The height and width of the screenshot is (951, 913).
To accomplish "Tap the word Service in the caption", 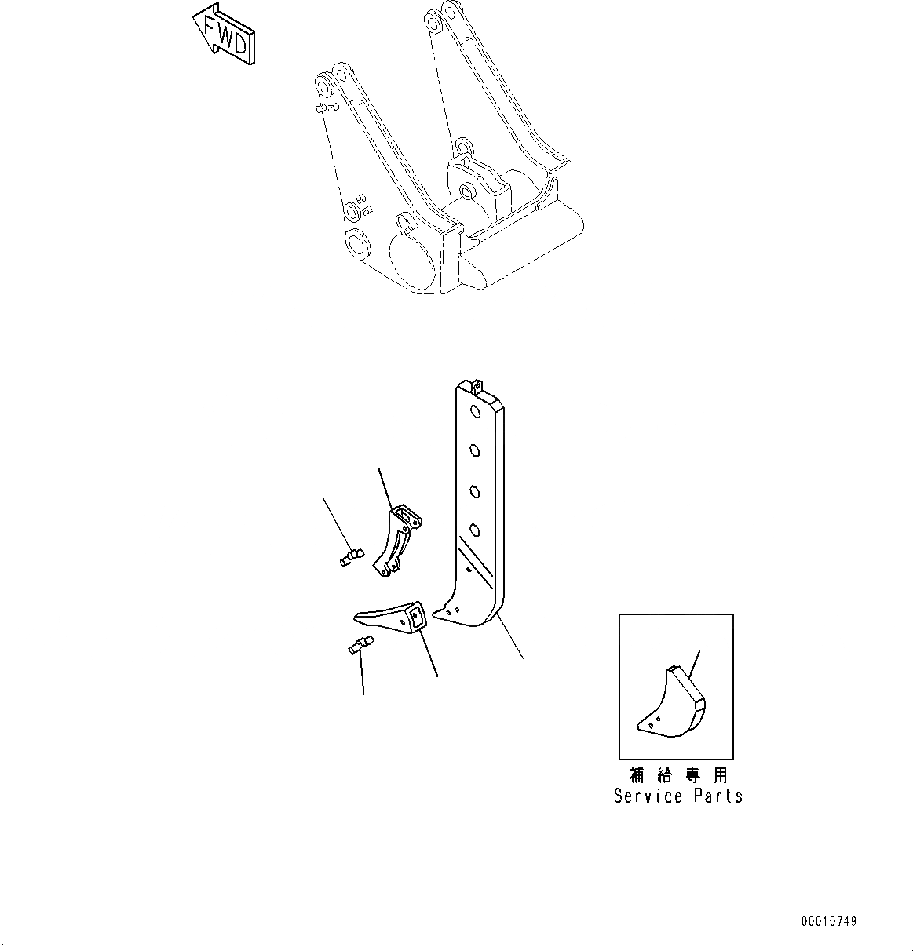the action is [x=648, y=796].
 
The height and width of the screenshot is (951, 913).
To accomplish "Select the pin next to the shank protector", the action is [x=350, y=558].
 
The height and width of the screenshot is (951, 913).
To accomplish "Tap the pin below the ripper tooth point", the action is [x=360, y=645].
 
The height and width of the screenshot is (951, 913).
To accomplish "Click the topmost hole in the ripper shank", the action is [x=476, y=412].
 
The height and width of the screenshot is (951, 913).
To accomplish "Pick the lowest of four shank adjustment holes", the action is [x=474, y=528].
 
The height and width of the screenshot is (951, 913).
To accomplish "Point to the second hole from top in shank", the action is [x=475, y=450].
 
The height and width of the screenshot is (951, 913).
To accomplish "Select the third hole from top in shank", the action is [x=474, y=491].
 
